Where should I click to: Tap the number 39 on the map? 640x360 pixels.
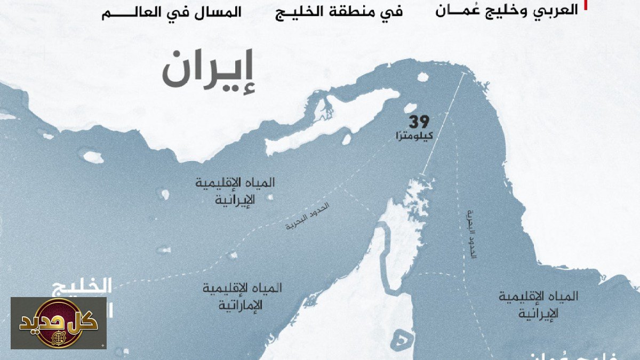(419, 122)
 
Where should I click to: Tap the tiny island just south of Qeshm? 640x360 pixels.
(347, 139)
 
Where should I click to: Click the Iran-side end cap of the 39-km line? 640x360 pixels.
(462, 74)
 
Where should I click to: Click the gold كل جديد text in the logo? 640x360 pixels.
(59, 322)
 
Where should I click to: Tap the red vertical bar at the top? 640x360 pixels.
(586, 5)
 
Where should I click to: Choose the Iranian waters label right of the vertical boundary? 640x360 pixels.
(539, 305)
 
